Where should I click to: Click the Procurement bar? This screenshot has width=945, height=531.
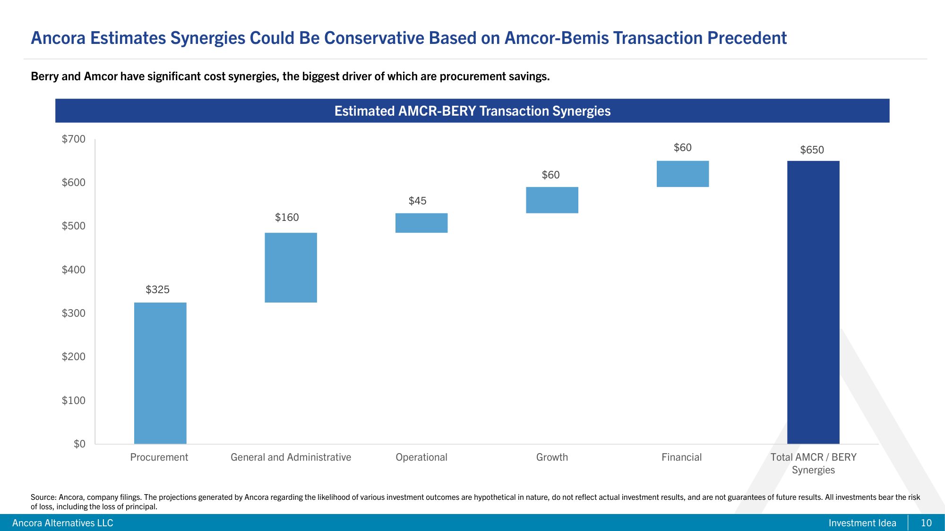[x=160, y=373]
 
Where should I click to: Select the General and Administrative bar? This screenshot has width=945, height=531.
[x=291, y=267]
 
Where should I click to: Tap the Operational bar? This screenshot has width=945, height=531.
[x=421, y=223]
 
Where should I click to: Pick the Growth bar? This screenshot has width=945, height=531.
[x=552, y=200]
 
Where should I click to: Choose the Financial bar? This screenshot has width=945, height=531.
[x=682, y=174]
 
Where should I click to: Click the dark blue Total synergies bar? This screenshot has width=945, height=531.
[x=813, y=302]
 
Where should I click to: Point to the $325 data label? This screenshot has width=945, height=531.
[x=157, y=290]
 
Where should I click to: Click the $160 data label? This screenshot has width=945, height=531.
[x=287, y=218]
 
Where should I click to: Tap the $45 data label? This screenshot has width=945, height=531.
[x=417, y=201]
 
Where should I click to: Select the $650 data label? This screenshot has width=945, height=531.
[x=812, y=150]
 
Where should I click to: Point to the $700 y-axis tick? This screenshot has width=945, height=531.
[x=74, y=139]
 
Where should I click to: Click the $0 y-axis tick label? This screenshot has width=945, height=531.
[x=79, y=444]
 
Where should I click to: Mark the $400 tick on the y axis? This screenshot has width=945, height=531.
[x=74, y=270]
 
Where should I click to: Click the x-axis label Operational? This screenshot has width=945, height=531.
[x=421, y=457]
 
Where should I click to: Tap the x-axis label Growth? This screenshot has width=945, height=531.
[x=552, y=457]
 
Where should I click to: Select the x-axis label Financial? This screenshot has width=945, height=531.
[x=681, y=457]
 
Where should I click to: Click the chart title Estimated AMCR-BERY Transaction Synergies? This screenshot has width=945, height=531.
[x=472, y=111]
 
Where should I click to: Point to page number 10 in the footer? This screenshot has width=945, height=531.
[x=926, y=523]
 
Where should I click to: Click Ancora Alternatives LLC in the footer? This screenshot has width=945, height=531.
[x=63, y=523]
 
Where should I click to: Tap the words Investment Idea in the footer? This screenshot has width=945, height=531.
[x=862, y=523]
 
